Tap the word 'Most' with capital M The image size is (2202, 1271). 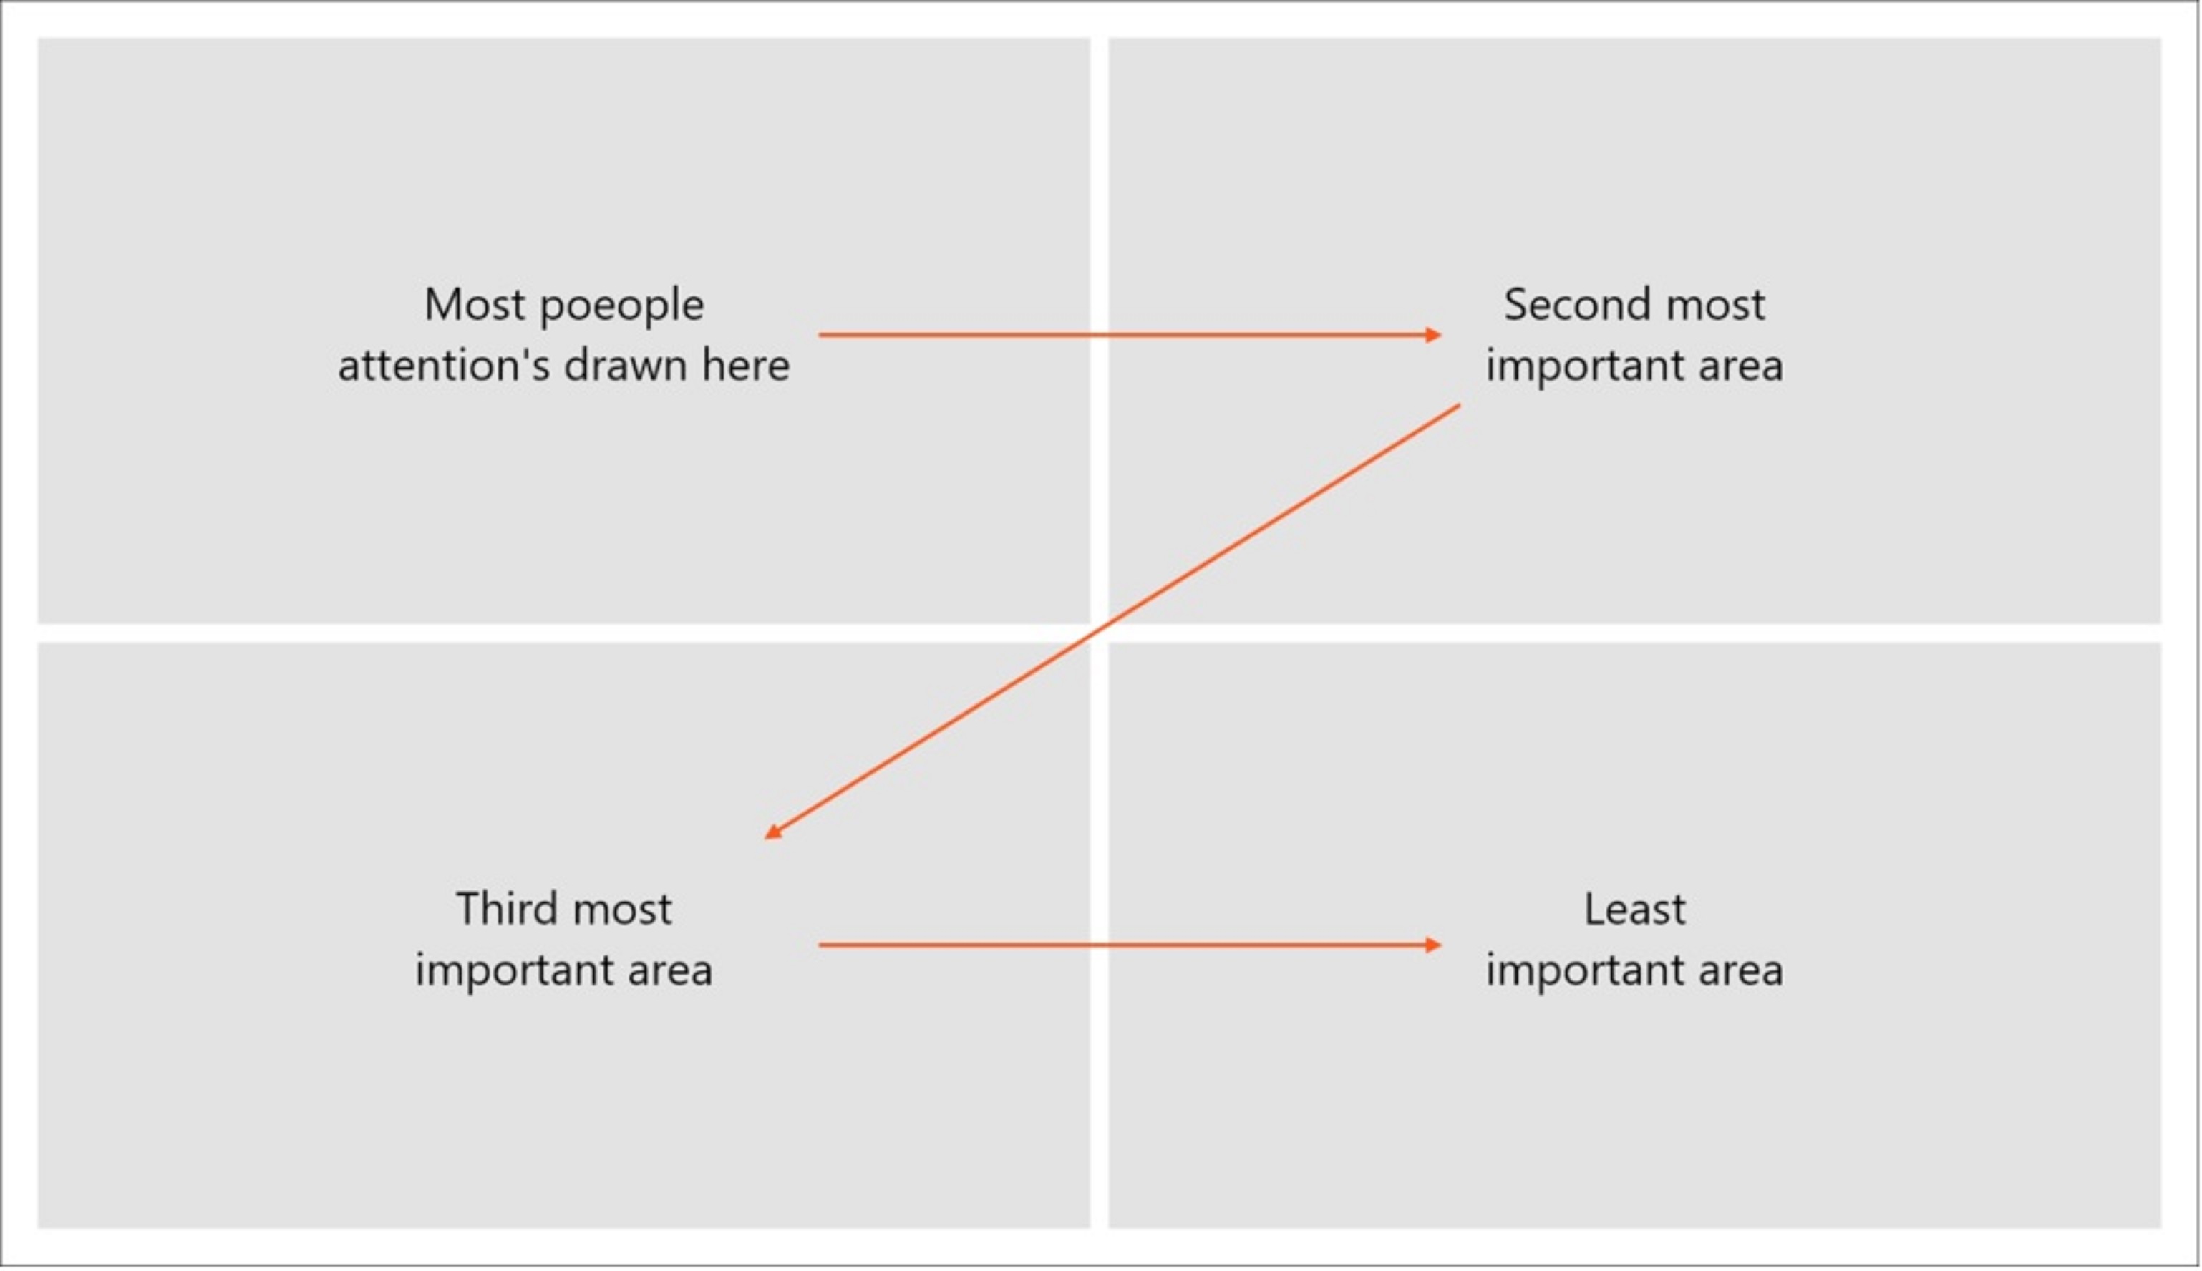pyautogui.click(x=473, y=306)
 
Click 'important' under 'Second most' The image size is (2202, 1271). pyautogui.click(x=1582, y=366)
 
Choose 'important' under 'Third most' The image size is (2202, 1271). pyautogui.click(x=512, y=970)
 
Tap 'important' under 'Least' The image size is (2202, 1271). pyautogui.click(x=1582, y=970)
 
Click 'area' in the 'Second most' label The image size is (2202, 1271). pyautogui.click(x=1740, y=366)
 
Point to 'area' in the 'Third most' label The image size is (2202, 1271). pyautogui.click(x=669, y=970)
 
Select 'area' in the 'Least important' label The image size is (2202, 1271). pyautogui.click(x=1740, y=970)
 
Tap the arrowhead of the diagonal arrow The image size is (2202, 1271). pyautogui.click(x=772, y=832)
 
